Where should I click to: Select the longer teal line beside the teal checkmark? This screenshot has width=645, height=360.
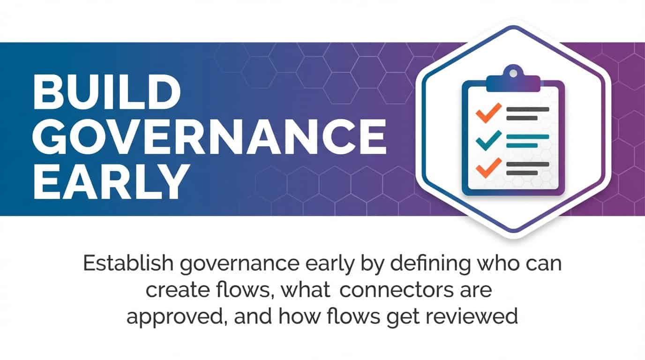click(x=528, y=136)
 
